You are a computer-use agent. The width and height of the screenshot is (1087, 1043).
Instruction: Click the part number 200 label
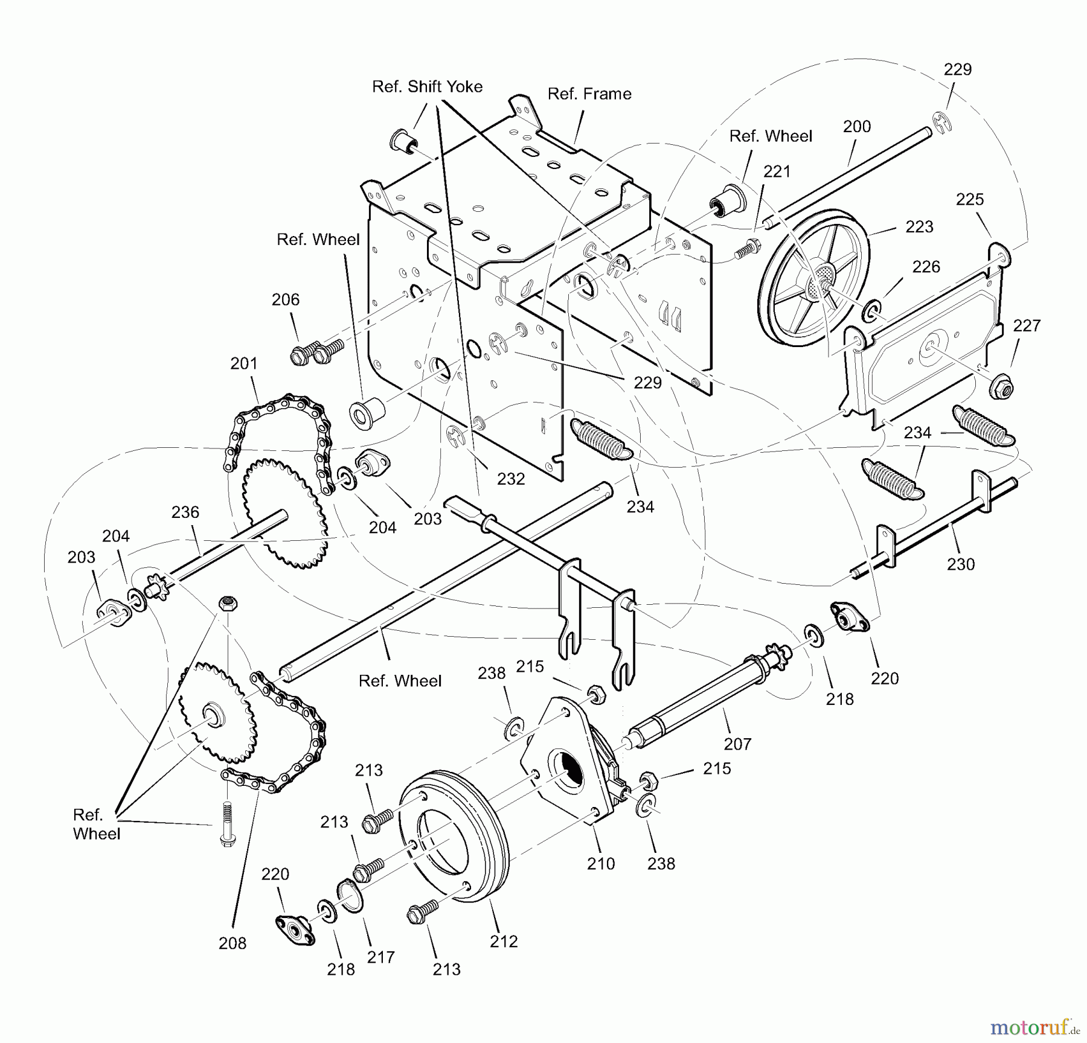[x=857, y=127]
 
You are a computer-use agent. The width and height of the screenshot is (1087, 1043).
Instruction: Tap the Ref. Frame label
[x=589, y=94]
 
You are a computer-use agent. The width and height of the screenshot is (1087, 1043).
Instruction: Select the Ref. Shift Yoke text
[x=427, y=87]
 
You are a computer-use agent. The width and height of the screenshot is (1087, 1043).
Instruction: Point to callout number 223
[x=919, y=227]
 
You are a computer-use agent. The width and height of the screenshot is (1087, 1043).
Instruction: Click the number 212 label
[x=504, y=942]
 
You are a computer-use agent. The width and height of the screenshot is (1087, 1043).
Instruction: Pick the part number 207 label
[x=737, y=744]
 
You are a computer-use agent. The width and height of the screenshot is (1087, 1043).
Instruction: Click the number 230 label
[x=961, y=564]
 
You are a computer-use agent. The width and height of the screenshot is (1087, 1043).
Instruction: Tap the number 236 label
[x=185, y=512]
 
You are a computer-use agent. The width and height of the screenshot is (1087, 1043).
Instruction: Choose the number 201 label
[x=244, y=363]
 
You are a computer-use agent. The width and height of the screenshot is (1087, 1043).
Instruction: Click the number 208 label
[x=232, y=943]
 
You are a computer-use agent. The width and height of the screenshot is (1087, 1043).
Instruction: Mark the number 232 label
[x=511, y=479]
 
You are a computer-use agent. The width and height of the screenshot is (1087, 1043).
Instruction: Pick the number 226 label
[x=926, y=267]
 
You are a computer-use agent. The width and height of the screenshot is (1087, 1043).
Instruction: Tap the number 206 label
[x=286, y=300]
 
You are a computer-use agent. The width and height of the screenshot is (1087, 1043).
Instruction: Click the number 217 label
[x=380, y=957]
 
